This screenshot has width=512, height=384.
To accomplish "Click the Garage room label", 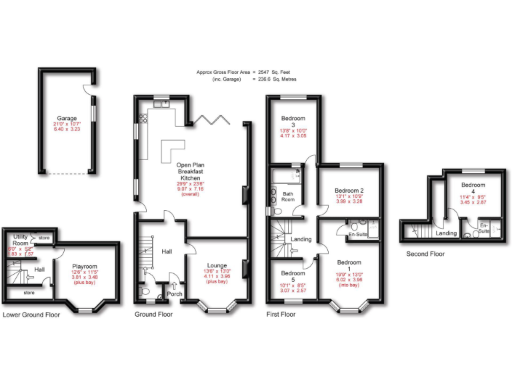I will pyautogui.click(x=67, y=117).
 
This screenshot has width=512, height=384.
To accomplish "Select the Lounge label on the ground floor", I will pyautogui.click(x=217, y=265).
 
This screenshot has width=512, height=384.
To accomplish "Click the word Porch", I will pyautogui.click(x=175, y=294).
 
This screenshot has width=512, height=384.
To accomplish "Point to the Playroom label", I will pyautogui.click(x=84, y=267).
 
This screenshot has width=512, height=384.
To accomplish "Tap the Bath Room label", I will pyautogui.click(x=287, y=197).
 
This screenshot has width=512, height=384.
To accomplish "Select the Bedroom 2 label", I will pyautogui.click(x=349, y=191).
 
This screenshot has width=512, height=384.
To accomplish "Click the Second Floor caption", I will pyautogui.click(x=425, y=254).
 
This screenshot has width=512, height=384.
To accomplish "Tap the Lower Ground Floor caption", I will pyautogui.click(x=31, y=314).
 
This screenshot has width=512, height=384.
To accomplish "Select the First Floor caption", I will pyautogui.click(x=281, y=314).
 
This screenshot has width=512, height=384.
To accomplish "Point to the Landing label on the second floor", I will pyautogui.click(x=446, y=233).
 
